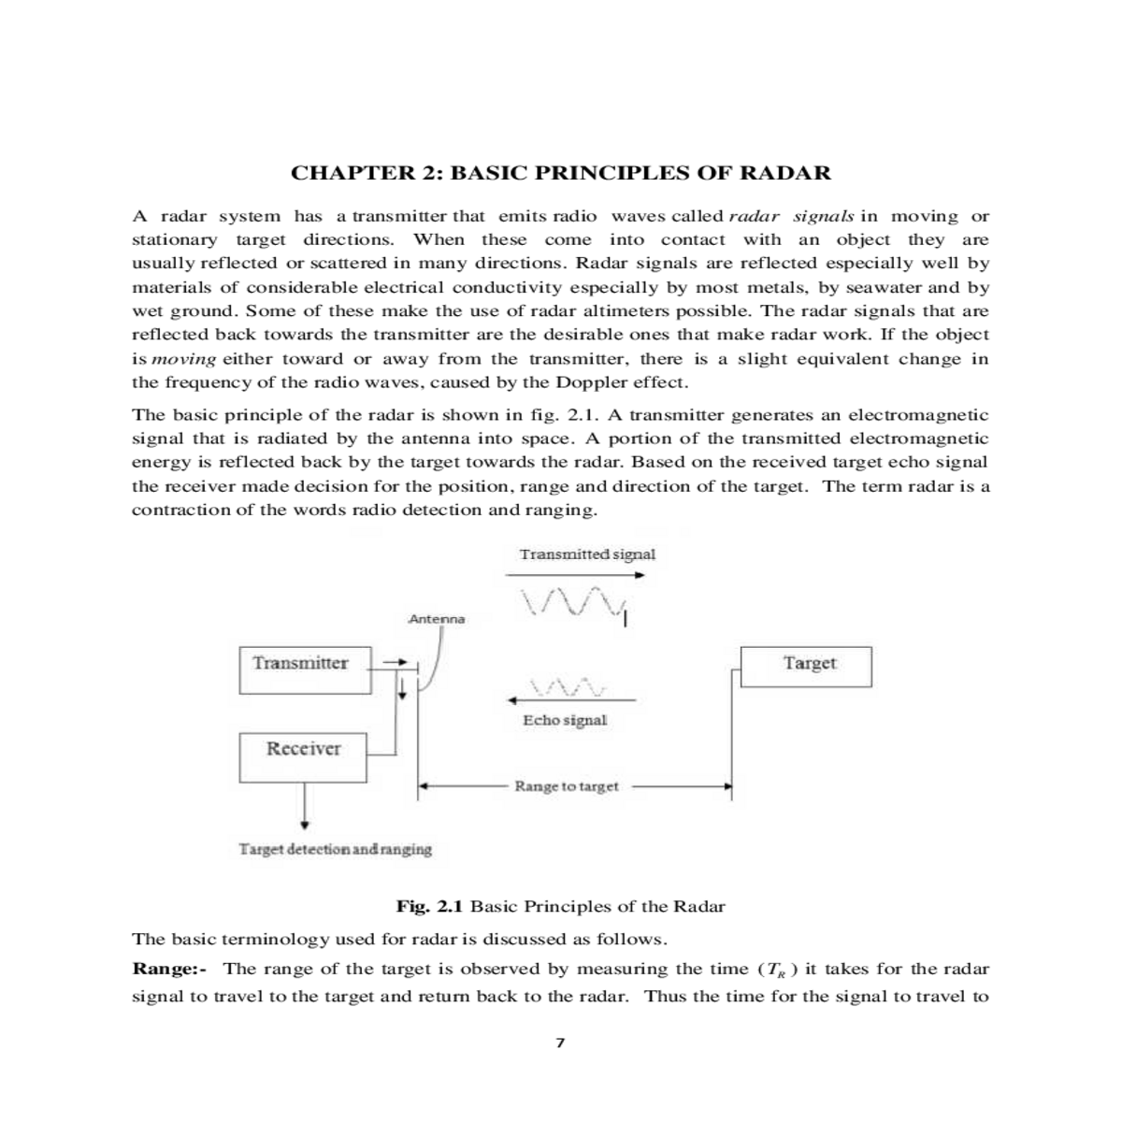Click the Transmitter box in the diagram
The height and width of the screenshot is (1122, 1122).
305,669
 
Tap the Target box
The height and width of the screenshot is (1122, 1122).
806,667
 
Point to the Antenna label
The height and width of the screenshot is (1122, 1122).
437,619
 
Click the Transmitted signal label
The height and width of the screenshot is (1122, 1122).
587,554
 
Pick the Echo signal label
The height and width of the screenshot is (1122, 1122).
565,721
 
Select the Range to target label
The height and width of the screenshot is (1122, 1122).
567,786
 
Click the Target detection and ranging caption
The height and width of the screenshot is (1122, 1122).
336,849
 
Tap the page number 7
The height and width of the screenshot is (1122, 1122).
560,1043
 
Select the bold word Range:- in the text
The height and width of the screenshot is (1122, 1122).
169,969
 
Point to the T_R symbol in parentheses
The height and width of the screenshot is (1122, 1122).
775,970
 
